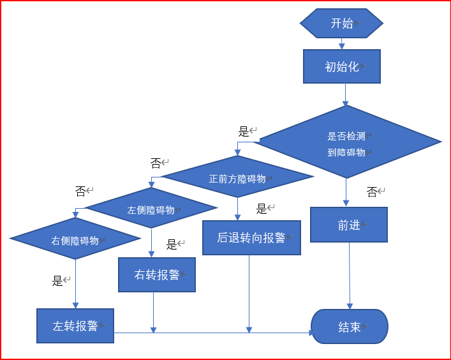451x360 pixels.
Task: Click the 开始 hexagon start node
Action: coord(341,24)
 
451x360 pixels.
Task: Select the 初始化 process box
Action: coord(342,66)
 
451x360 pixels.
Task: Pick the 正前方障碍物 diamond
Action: coord(237,178)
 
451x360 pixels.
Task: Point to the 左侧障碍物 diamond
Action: coord(151,209)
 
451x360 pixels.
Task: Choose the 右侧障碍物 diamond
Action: coord(75,240)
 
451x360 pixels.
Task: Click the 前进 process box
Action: coord(349,225)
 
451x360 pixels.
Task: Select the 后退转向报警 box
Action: coord(251,237)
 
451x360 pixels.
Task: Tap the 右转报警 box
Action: coord(156,274)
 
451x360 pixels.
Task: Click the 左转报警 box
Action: coord(75,326)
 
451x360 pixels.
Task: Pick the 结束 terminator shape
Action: coord(350,327)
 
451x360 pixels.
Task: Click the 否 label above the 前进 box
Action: coord(372,191)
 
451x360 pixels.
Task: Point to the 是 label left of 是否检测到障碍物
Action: coord(244,131)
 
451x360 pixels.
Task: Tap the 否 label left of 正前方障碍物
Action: coord(156,163)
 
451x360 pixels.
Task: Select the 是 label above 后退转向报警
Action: coord(262,209)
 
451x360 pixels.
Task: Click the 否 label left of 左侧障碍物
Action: coord(80,191)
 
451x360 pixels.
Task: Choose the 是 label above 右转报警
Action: coord(172,244)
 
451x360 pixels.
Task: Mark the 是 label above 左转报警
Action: coord(57,280)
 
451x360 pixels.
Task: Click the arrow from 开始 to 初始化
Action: coord(341,43)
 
